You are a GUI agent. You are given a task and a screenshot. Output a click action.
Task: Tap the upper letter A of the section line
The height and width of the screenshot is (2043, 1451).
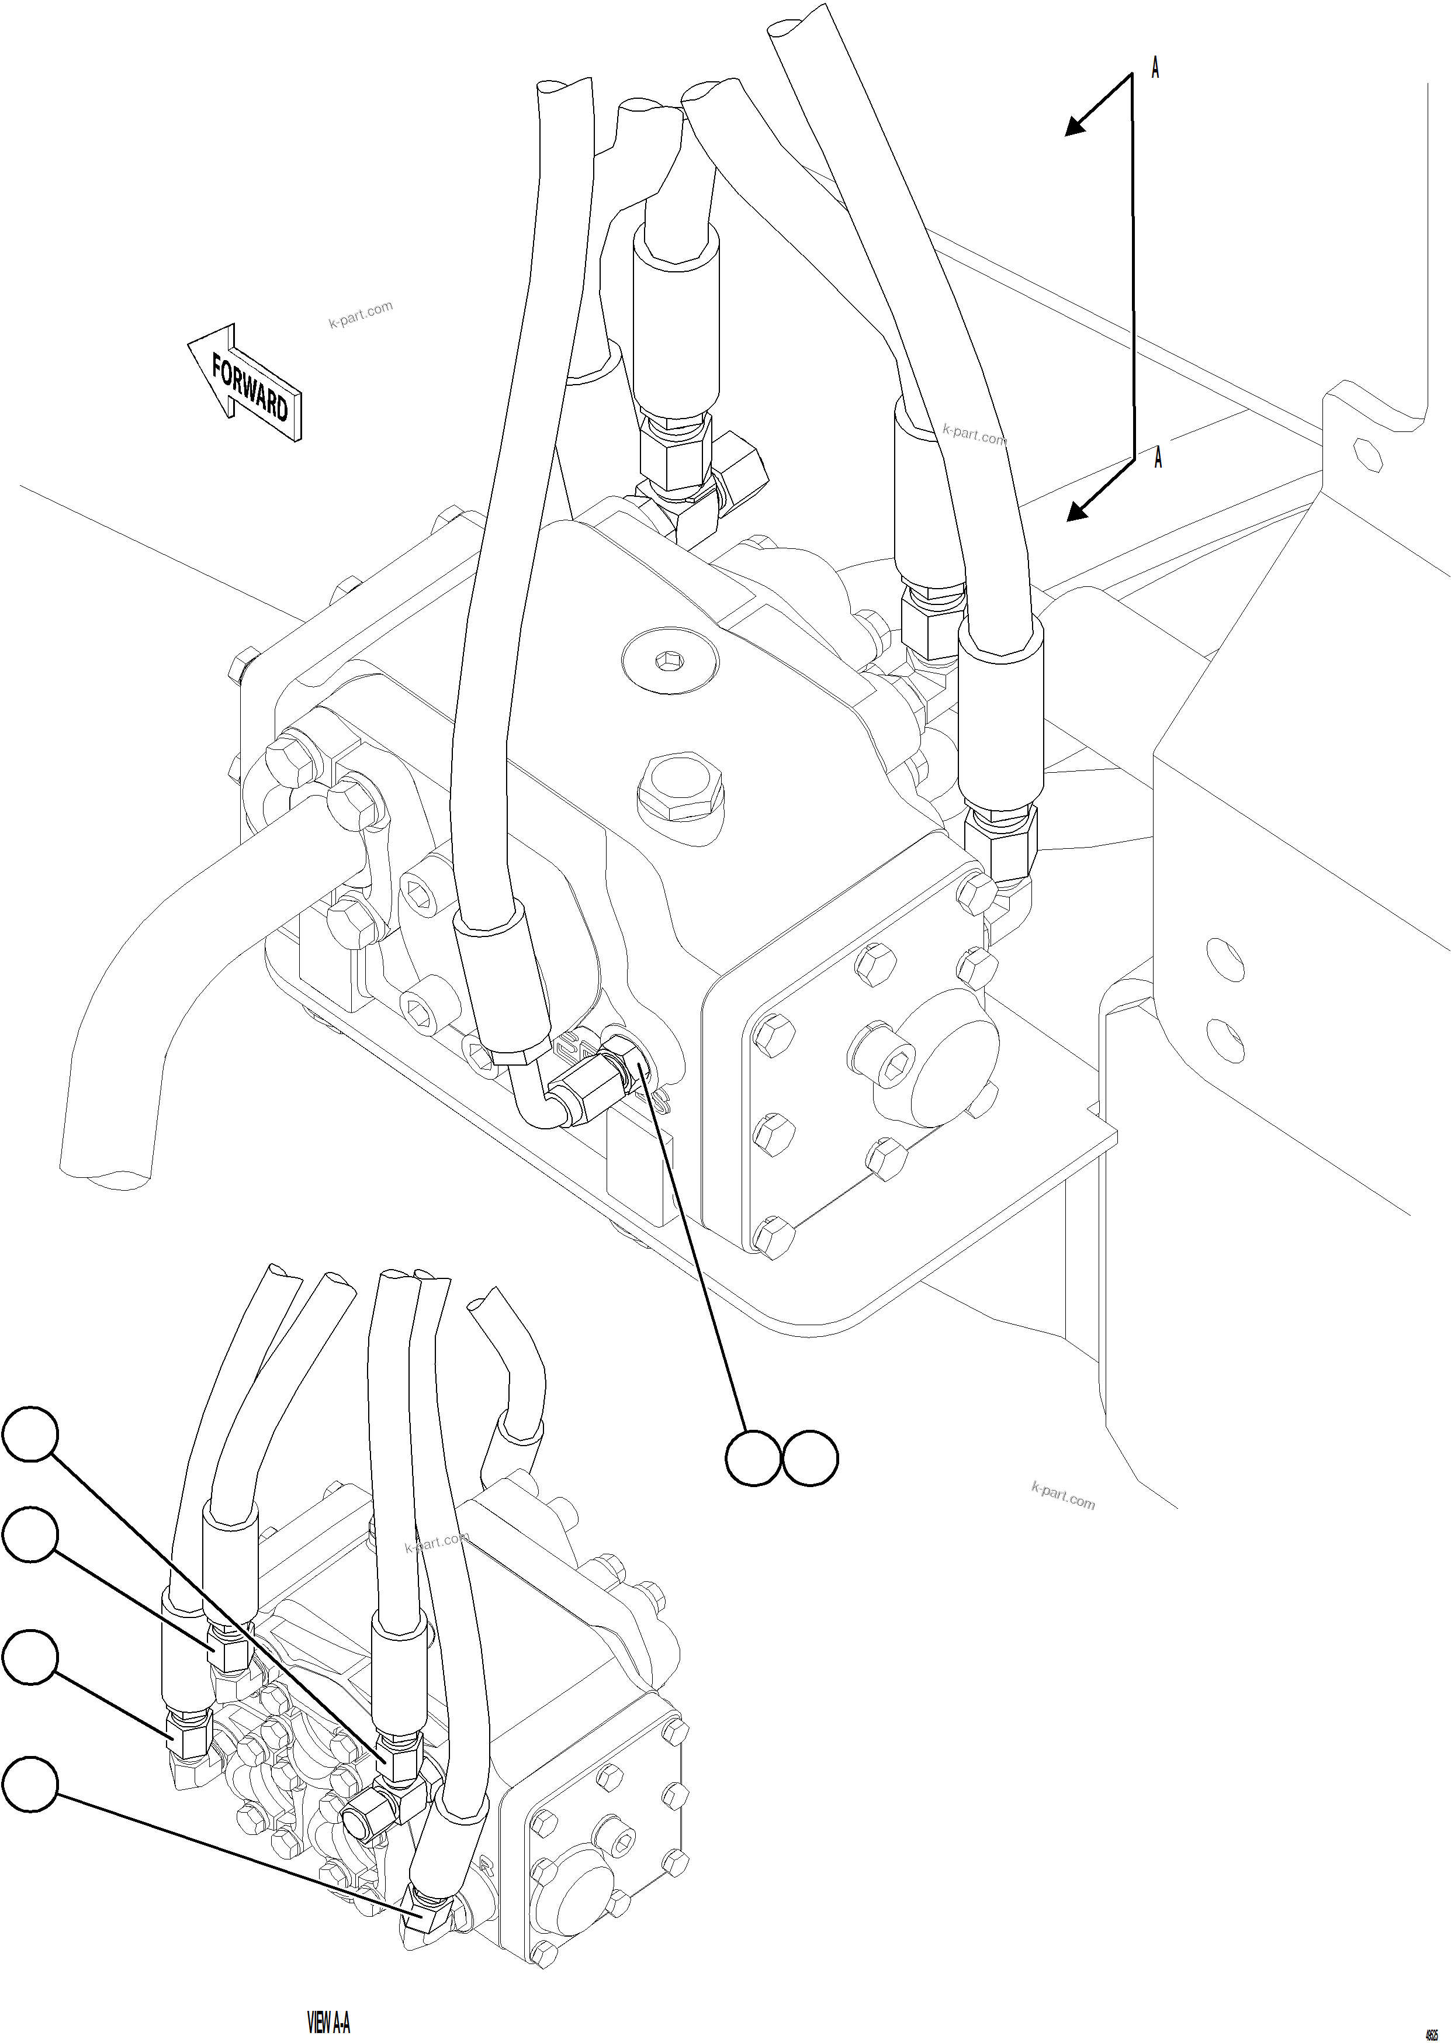(x=1155, y=68)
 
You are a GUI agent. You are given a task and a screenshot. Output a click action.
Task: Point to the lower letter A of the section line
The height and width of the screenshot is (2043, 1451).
(x=1158, y=458)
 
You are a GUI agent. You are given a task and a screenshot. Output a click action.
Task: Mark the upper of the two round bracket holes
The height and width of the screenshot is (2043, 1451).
(x=1224, y=959)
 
